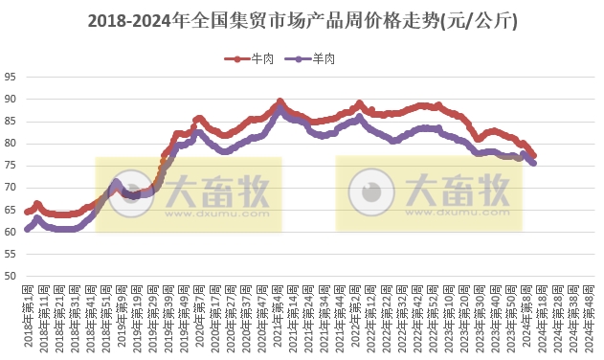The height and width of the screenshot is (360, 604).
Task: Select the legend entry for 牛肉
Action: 251,59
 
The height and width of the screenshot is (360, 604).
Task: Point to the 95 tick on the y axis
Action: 10,78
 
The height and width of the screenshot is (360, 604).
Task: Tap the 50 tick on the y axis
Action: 10,277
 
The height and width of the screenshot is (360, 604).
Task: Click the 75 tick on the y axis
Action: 10,167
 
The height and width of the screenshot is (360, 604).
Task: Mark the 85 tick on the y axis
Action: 10,122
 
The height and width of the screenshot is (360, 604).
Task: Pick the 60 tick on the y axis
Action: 10,233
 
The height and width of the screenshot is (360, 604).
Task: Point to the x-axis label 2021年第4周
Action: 279,321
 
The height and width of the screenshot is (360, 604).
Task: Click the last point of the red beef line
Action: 534,155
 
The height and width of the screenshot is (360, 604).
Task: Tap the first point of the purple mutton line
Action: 27,230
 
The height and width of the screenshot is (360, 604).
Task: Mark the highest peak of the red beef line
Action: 280,101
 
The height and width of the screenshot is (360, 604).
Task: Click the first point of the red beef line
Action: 27,212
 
